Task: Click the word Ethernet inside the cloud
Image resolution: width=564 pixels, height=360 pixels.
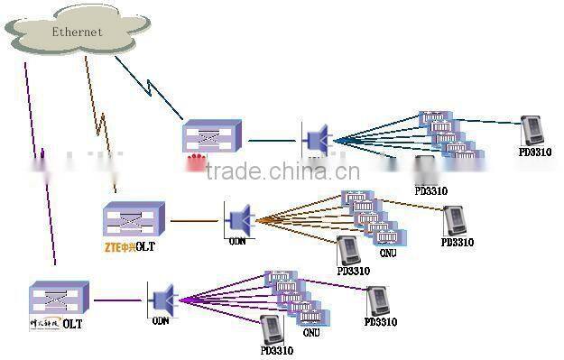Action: [76, 32]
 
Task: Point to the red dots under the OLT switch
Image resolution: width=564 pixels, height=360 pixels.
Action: [196, 163]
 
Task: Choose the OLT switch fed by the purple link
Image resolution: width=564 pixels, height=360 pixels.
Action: [59, 298]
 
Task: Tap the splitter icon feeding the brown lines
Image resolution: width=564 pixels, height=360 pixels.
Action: [239, 218]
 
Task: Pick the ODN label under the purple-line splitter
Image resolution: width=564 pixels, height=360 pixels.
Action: [160, 320]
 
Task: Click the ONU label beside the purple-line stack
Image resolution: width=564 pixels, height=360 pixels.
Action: [310, 332]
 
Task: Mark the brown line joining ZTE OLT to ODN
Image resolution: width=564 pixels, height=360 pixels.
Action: [194, 219]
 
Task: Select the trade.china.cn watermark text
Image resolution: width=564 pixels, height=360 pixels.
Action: [282, 172]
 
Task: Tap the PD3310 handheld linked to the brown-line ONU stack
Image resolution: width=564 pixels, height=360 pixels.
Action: [455, 221]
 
